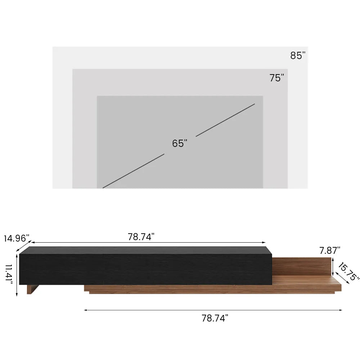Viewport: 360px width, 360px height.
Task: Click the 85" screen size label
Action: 298,56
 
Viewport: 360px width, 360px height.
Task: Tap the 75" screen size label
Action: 277,78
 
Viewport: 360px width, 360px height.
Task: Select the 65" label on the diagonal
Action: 180,143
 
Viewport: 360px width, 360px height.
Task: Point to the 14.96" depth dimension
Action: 17,238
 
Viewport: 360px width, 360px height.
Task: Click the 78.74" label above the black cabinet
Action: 141,237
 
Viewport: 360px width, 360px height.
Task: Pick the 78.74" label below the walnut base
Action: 215,318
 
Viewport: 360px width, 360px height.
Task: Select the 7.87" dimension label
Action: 329,249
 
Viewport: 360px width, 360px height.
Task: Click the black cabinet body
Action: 144,266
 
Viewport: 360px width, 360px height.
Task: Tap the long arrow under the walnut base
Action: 212,310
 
